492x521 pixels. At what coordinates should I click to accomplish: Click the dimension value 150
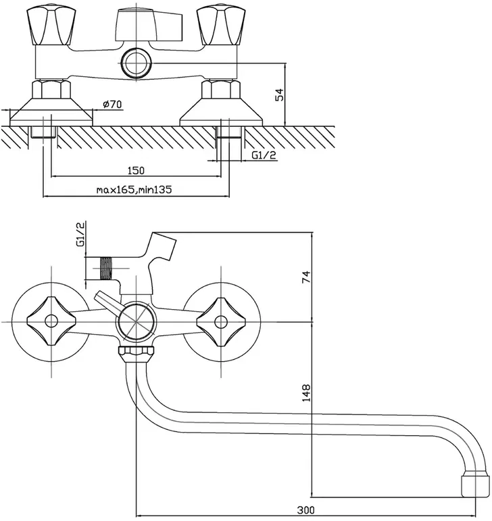[136, 171]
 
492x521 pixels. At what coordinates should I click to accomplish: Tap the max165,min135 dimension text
[134, 190]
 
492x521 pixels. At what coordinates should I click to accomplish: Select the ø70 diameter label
[112, 105]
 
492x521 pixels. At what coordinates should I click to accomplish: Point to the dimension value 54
[280, 94]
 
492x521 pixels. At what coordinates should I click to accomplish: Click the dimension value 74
[305, 277]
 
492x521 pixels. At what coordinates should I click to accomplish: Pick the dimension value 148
[306, 393]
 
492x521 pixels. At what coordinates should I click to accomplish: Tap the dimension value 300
[305, 510]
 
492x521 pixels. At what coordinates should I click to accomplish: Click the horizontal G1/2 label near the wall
[264, 155]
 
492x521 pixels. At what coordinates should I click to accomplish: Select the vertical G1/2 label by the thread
[80, 234]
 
